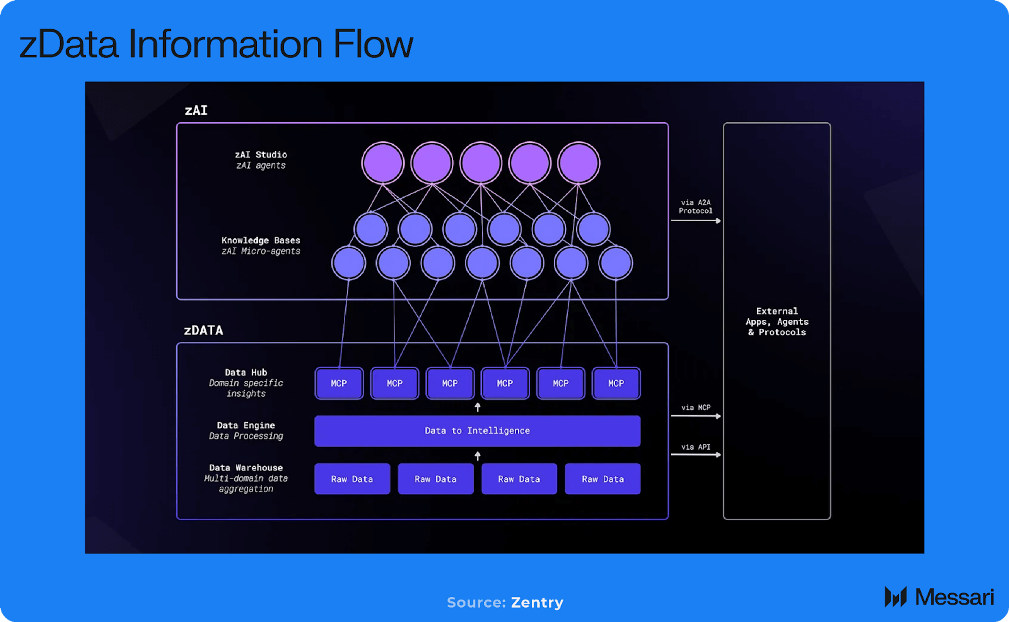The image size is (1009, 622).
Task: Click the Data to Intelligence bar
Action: (477, 431)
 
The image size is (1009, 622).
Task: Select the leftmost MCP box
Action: (339, 384)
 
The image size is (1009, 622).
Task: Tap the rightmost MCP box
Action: (616, 384)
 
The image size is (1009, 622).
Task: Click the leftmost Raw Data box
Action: (352, 479)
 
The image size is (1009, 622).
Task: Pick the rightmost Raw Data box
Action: (602, 479)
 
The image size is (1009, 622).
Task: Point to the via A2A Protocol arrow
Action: (696, 221)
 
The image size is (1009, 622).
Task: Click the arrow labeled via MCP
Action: (696, 416)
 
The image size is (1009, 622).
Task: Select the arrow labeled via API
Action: (696, 455)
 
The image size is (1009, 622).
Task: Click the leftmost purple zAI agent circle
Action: (382, 163)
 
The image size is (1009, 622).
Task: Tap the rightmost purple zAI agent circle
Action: (578, 163)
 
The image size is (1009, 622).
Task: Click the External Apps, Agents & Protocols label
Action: (777, 322)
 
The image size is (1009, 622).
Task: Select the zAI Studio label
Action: (261, 155)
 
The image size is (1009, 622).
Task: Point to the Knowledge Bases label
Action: (260, 240)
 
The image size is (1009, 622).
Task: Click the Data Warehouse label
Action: (246, 468)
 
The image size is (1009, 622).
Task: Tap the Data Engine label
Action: (246, 426)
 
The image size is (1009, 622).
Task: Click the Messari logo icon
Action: (895, 597)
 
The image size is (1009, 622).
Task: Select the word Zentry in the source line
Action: (537, 603)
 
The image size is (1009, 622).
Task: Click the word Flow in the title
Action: (373, 44)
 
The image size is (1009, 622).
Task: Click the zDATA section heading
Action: (203, 330)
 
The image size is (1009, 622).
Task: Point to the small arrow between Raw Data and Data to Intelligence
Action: (478, 456)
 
